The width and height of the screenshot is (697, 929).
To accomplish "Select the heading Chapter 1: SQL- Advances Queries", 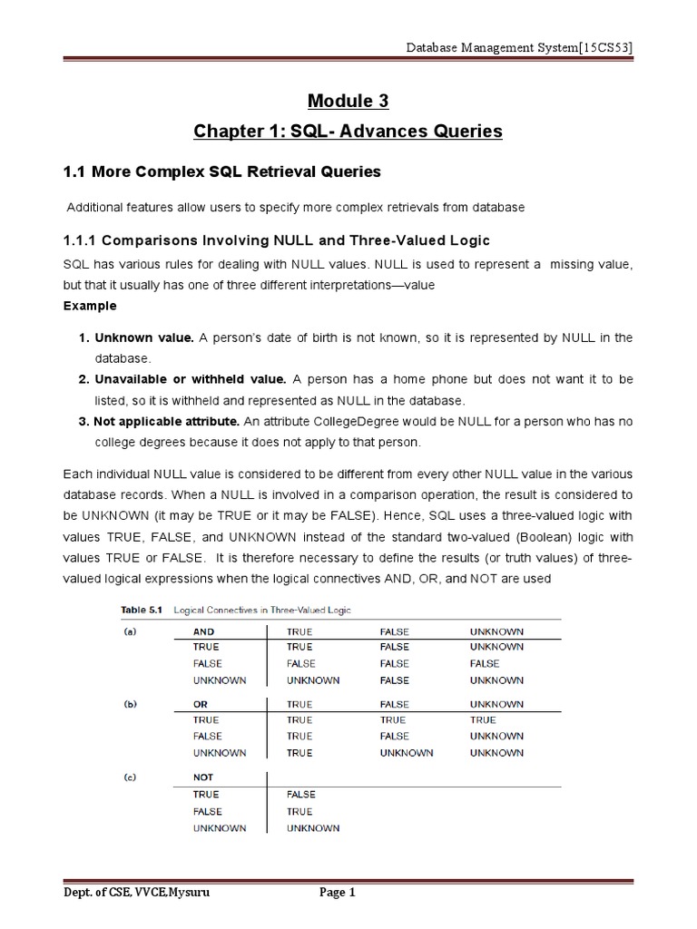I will [x=348, y=132].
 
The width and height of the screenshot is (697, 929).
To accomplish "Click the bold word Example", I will [x=90, y=306].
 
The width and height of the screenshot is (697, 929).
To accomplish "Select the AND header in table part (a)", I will [x=204, y=631].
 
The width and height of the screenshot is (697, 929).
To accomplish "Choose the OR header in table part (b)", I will [x=201, y=704].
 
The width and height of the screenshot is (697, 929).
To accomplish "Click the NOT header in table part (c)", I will [x=204, y=777].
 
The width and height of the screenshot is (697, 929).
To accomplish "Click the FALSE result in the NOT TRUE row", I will [x=300, y=795].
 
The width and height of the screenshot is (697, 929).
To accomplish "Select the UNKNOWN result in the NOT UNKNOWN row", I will [x=313, y=827].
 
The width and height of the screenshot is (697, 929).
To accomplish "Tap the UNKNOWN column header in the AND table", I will [x=496, y=631].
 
